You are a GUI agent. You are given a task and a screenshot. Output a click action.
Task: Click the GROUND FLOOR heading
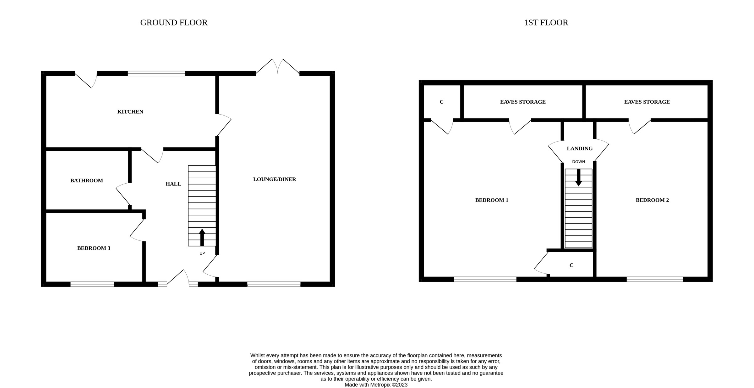click(174, 23)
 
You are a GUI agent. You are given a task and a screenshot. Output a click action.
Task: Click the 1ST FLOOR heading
click(546, 23)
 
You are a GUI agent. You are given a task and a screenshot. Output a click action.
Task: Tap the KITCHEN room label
click(130, 112)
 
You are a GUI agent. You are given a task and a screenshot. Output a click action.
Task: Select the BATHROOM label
click(86, 181)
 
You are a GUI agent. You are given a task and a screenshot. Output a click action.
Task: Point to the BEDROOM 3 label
click(94, 248)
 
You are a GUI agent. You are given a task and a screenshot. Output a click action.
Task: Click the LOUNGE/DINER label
click(275, 179)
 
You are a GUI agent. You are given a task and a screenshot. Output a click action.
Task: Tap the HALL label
click(173, 184)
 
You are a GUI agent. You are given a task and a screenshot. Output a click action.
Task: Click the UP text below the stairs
click(202, 253)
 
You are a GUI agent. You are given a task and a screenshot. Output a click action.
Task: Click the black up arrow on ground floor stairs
click(202, 237)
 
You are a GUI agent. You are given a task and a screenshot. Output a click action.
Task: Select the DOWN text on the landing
click(578, 162)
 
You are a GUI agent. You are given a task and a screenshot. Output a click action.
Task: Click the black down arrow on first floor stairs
click(578, 178)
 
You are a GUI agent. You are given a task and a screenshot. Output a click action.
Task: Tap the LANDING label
click(580, 148)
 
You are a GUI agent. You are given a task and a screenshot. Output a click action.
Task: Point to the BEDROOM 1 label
click(492, 200)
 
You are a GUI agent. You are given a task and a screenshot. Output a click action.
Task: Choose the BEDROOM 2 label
click(652, 200)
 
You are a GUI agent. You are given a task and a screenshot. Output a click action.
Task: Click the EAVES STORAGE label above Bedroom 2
click(647, 102)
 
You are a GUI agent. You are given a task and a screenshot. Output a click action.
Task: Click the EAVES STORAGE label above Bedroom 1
click(523, 102)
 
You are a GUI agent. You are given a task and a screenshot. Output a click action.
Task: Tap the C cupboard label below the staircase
click(571, 265)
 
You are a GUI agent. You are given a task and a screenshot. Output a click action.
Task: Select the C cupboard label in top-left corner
click(441, 102)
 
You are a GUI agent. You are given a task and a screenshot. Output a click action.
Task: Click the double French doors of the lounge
click(278, 67)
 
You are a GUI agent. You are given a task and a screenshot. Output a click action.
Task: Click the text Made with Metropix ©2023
click(376, 385)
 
